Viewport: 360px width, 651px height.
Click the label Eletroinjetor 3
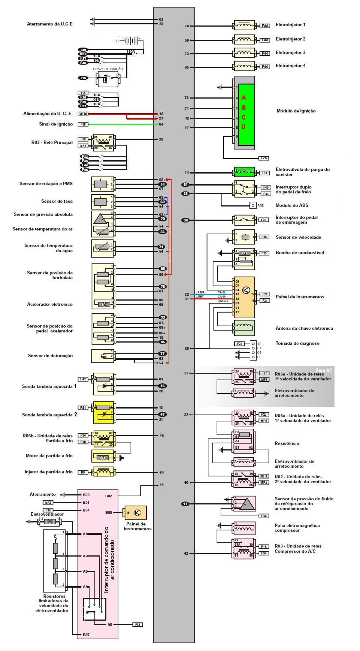point(290,52)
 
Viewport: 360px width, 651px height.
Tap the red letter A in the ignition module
point(243,98)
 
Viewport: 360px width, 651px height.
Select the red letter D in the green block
point(243,127)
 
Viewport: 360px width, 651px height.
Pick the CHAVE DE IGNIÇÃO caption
point(108,69)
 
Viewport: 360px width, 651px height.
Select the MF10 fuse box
point(83,114)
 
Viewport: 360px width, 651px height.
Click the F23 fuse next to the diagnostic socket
point(240,344)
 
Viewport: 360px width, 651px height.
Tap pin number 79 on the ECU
point(187,26)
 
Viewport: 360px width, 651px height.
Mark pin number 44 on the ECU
point(161,485)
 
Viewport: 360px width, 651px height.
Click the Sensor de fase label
point(57,201)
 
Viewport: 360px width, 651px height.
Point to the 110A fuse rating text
point(131,51)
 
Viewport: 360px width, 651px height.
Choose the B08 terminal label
point(109,512)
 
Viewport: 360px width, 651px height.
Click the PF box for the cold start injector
point(83,472)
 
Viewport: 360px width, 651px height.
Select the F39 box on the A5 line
point(137,624)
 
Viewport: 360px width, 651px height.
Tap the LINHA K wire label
point(223,301)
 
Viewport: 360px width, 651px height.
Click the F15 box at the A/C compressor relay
point(264,547)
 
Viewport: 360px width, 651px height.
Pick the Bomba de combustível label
point(300,253)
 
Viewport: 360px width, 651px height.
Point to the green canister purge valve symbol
point(244,172)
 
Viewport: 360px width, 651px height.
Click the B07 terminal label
point(86,635)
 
